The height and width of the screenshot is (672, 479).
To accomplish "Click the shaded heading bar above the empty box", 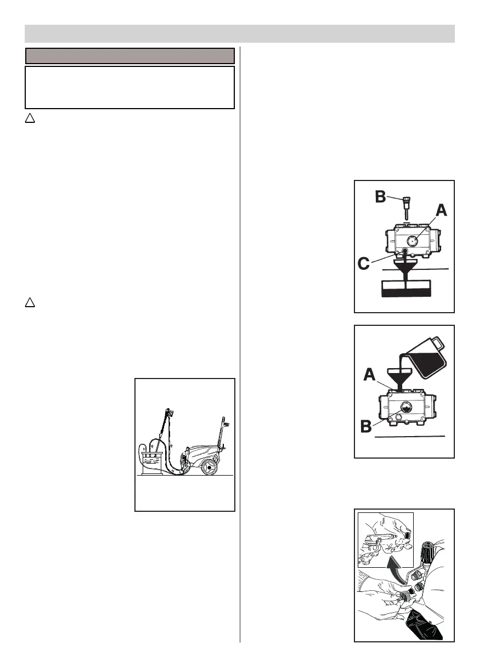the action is coord(130,56).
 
